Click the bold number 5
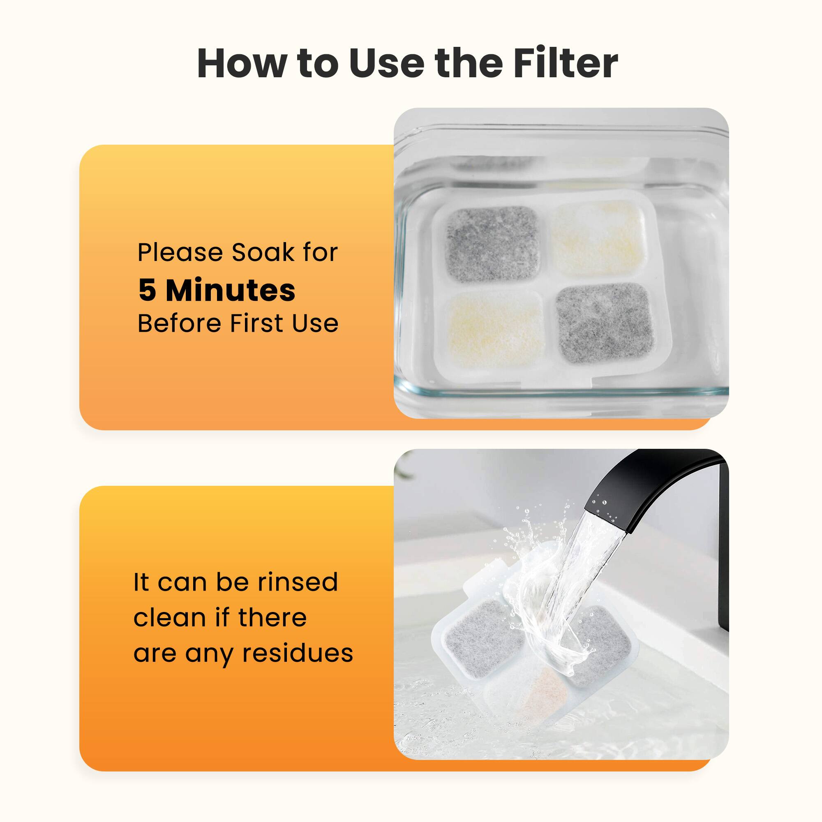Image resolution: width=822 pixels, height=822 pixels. pyautogui.click(x=147, y=291)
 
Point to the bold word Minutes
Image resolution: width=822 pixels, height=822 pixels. pyautogui.click(x=230, y=291)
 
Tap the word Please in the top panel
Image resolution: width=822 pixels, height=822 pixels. pyautogui.click(x=181, y=252)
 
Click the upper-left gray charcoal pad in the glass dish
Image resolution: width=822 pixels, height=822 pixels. pyautogui.click(x=492, y=243)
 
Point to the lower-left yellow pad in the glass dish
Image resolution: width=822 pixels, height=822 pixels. pyautogui.click(x=494, y=330)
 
